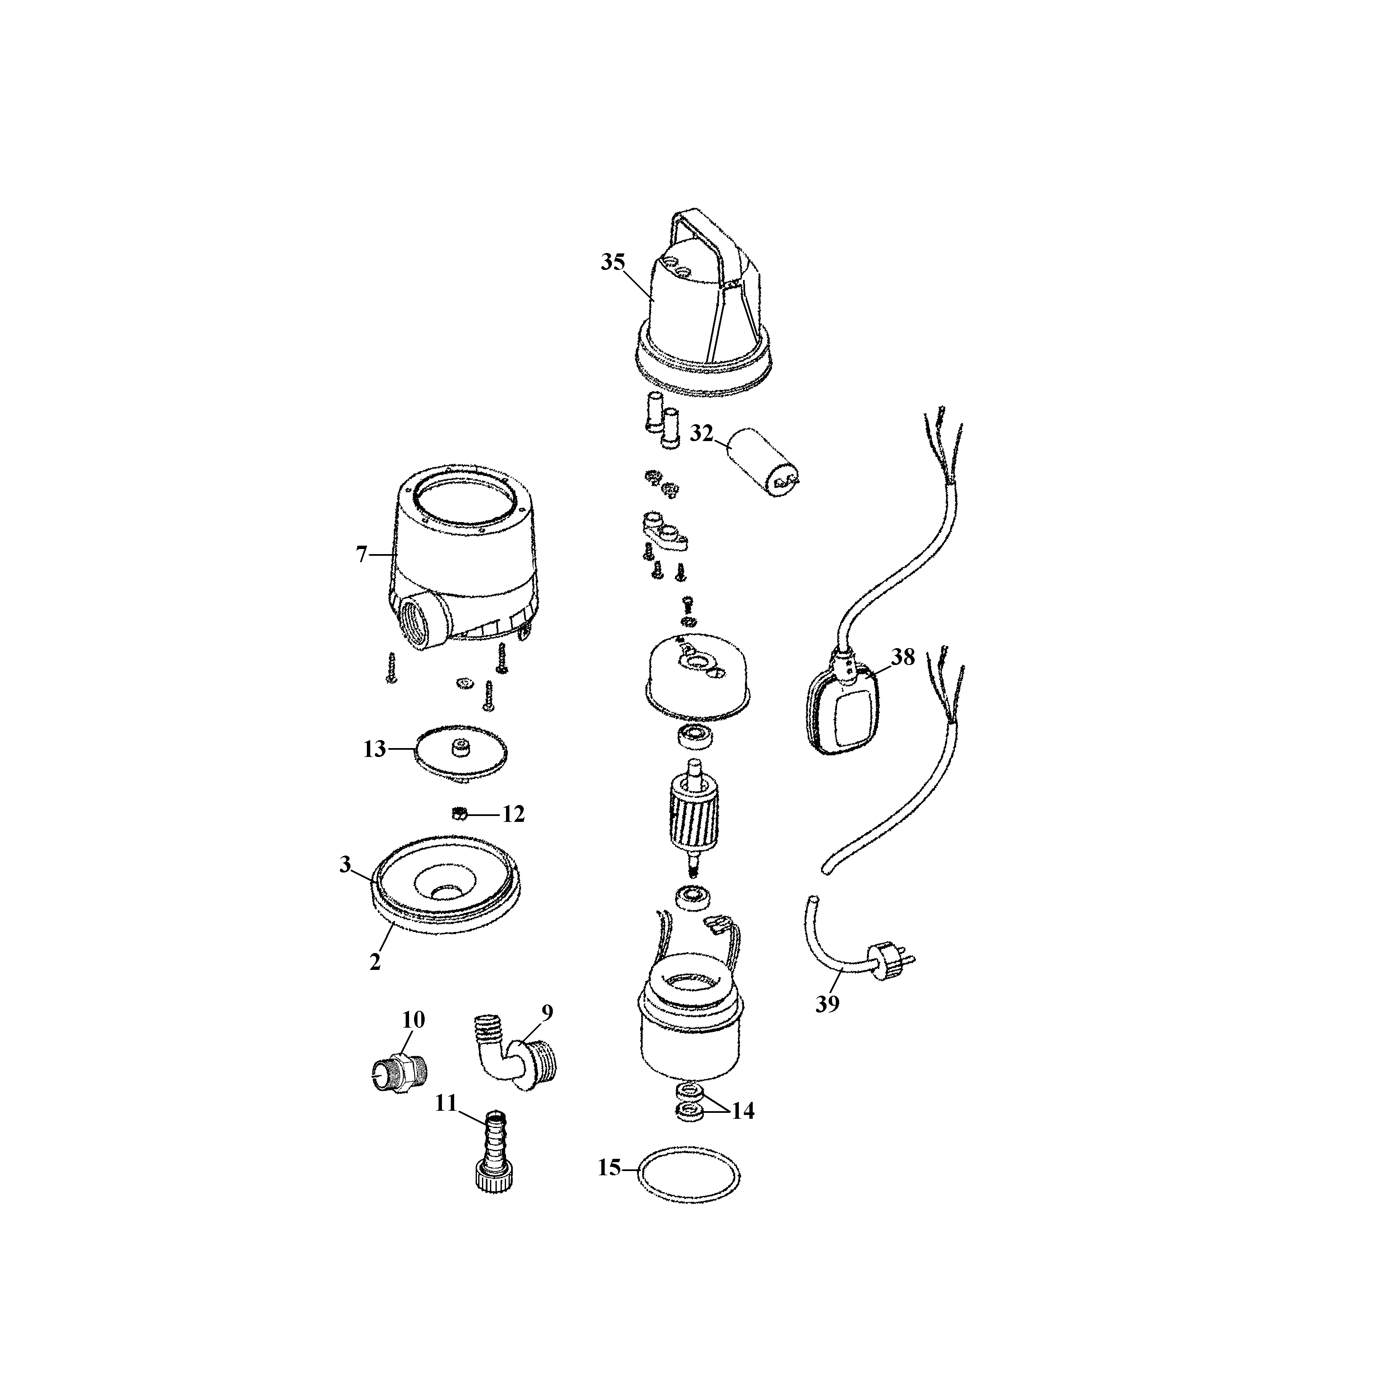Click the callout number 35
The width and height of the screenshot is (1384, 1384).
(612, 262)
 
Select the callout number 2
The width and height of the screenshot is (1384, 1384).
(375, 962)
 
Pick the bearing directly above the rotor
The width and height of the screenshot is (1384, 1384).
(693, 736)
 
